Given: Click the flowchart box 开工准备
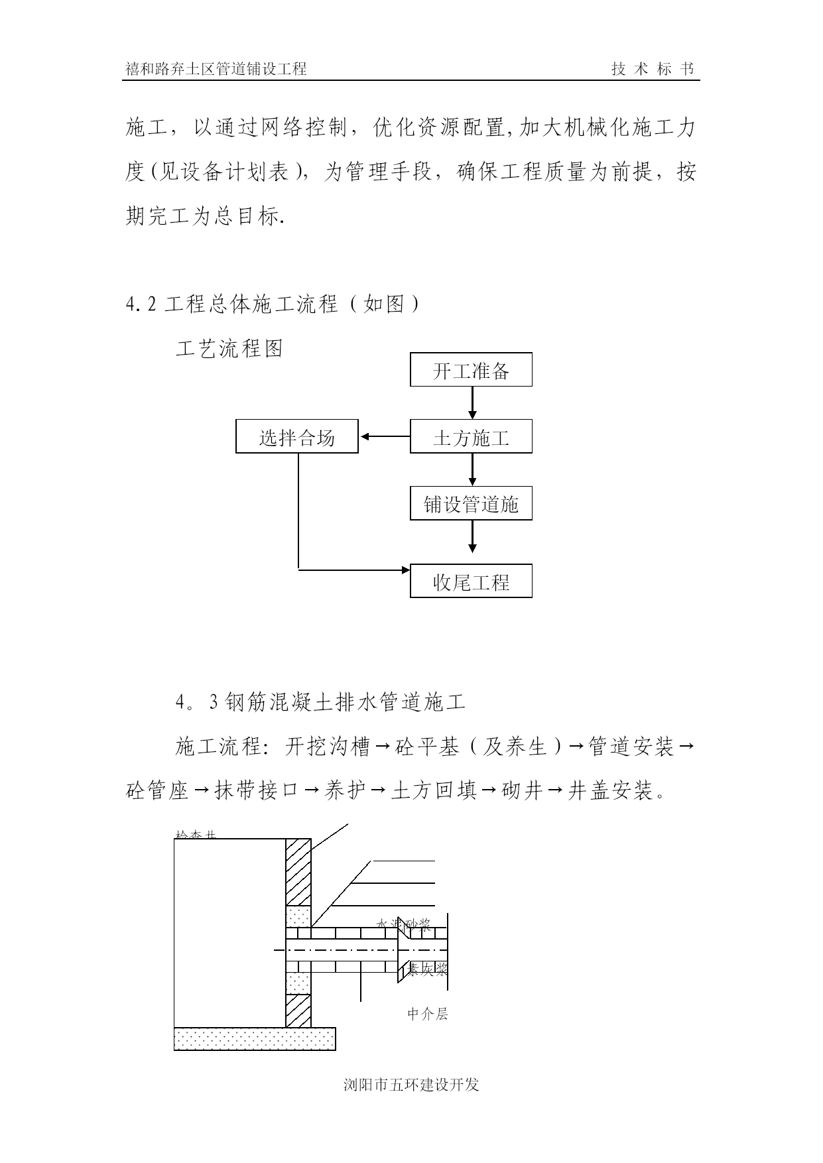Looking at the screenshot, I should (x=471, y=370).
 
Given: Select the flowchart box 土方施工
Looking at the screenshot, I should (x=471, y=436).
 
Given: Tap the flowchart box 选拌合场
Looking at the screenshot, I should (x=296, y=436).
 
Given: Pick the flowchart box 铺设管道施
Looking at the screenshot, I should (x=471, y=504).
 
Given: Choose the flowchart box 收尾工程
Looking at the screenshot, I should (x=471, y=581).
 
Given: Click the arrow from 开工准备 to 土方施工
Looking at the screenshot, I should (x=472, y=402).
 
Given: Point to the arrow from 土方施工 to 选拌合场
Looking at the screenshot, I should (x=385, y=436).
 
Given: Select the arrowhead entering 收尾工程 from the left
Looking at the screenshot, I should (x=405, y=569).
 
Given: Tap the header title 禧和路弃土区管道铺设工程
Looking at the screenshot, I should (x=216, y=69).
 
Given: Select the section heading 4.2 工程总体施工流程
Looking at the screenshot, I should (x=272, y=304).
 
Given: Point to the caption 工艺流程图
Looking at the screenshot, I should (x=229, y=348).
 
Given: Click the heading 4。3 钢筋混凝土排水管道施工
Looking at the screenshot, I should (x=321, y=702).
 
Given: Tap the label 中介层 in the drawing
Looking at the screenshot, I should (x=427, y=1014).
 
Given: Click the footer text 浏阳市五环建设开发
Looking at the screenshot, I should (x=411, y=1085).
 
